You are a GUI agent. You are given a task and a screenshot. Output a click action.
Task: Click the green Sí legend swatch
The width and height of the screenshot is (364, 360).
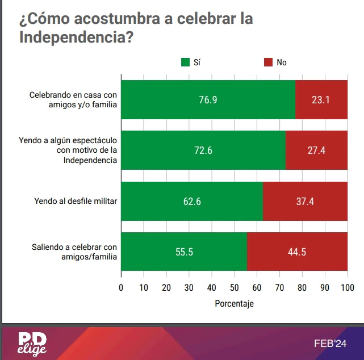[185, 62]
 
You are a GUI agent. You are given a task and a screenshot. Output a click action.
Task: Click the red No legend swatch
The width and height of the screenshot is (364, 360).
[269, 62]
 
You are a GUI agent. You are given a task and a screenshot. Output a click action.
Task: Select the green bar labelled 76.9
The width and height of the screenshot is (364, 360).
[208, 100]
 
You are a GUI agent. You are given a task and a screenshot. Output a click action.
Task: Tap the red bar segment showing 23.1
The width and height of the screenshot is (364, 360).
[321, 100]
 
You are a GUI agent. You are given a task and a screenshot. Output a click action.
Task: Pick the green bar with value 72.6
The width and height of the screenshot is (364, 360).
[203, 150]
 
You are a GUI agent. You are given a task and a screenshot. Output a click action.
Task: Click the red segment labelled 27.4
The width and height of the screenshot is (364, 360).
[316, 150]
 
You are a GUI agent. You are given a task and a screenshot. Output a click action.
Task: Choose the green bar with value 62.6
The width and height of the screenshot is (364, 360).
[192, 201]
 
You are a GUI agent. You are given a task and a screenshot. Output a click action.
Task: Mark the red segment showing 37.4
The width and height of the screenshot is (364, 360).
[305, 201]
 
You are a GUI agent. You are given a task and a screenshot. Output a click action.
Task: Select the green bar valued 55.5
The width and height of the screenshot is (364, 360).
[184, 252]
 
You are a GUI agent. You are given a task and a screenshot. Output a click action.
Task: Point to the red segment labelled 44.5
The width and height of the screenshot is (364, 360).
[297, 252]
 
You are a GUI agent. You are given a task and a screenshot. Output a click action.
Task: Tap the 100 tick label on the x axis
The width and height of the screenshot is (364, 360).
[347, 287]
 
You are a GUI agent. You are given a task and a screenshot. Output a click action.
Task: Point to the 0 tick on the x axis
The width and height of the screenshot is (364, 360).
[121, 287]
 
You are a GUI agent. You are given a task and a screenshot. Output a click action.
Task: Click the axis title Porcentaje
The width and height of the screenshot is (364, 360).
[234, 303]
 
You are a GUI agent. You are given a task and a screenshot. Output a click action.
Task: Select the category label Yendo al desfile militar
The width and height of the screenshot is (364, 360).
[76, 201]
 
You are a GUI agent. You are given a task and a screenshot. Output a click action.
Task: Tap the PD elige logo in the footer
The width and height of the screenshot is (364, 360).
[32, 344]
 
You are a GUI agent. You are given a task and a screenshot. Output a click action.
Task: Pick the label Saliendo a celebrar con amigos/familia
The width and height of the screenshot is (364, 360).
[74, 252]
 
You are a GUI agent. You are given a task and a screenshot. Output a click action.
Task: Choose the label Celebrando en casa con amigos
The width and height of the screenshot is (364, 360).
[74, 100]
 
